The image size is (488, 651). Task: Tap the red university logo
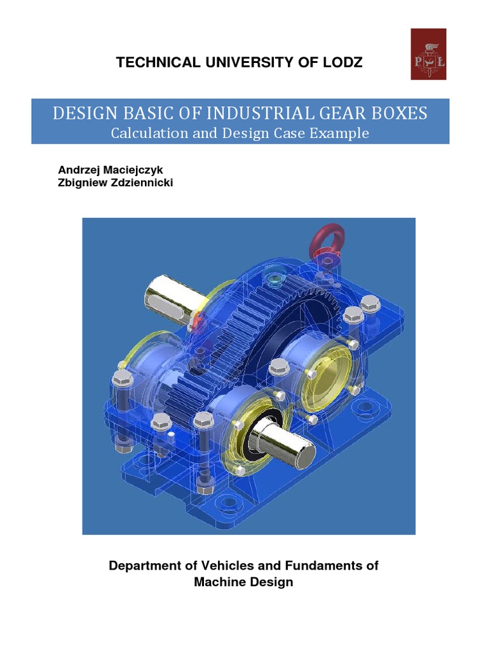[x=428, y=54]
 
